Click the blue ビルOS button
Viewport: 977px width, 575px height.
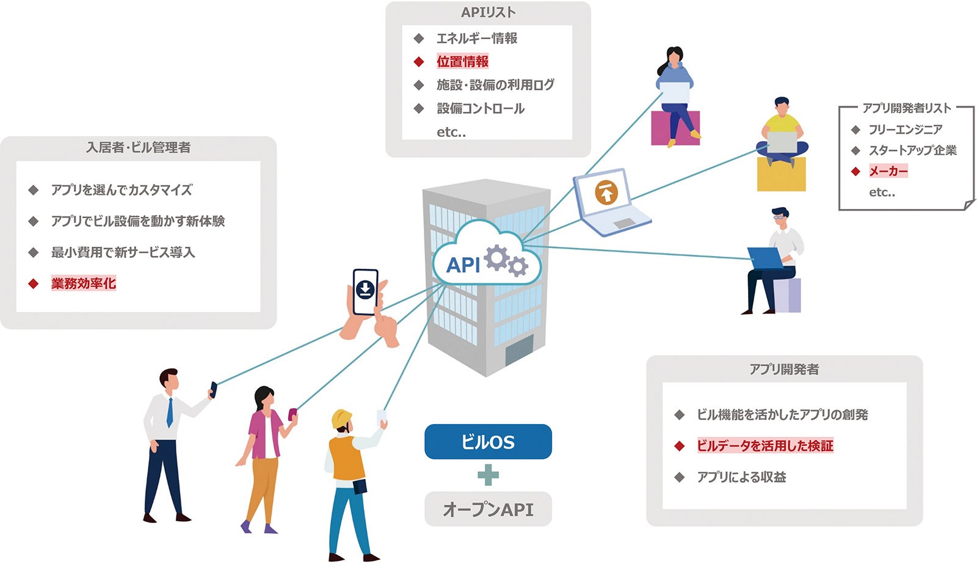(488, 442)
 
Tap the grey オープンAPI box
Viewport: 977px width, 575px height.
(488, 509)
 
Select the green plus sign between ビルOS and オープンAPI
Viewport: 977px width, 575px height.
(488, 475)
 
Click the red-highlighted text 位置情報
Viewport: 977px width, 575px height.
(462, 62)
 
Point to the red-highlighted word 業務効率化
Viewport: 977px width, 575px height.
(83, 284)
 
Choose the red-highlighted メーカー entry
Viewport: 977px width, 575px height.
(888, 171)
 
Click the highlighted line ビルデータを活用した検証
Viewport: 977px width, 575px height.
(765, 446)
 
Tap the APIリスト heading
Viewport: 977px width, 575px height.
(488, 12)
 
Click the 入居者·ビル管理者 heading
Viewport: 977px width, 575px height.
(138, 148)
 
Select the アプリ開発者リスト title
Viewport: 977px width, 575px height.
(906, 108)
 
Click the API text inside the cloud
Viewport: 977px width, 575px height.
(463, 265)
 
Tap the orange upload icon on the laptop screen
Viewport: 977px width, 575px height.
(606, 193)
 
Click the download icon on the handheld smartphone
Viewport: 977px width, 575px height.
(365, 288)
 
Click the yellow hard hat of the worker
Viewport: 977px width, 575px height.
(341, 419)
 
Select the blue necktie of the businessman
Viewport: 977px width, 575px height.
(170, 412)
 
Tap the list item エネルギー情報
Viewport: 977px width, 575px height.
(476, 38)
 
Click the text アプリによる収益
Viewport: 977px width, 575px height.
(741, 477)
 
